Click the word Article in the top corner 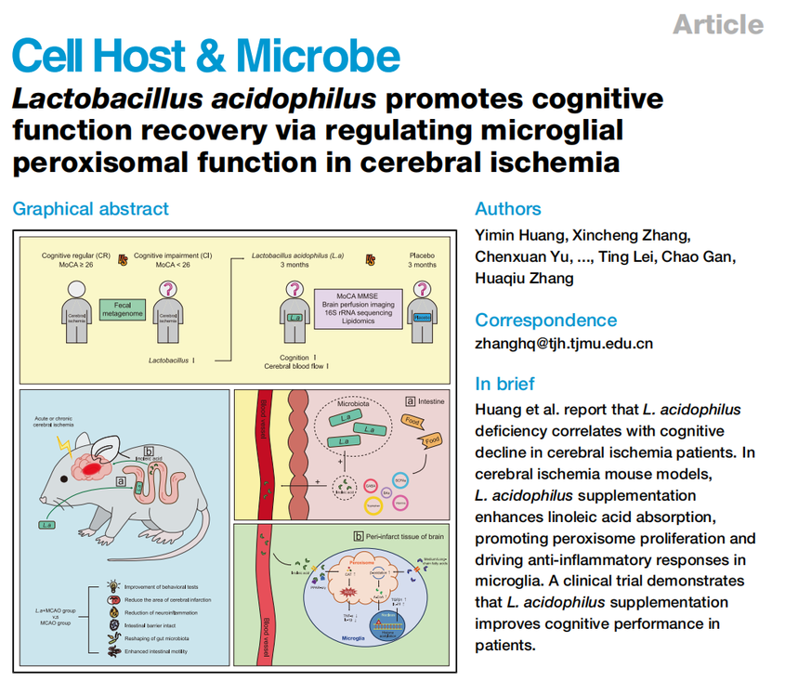coord(717,24)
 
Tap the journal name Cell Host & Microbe coord(206,58)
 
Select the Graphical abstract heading coord(90,209)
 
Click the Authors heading coord(507,209)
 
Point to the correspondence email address coord(563,343)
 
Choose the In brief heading coord(504,384)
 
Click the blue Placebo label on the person coord(424,317)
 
